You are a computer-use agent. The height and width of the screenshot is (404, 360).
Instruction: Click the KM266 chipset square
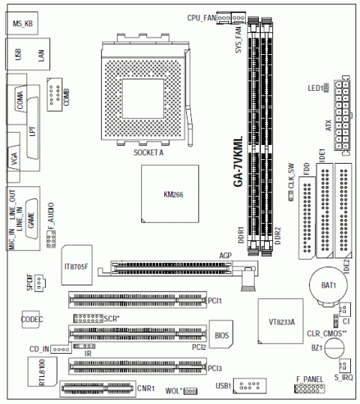(x=169, y=194)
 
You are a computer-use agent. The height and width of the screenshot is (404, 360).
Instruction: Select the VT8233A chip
(x=280, y=321)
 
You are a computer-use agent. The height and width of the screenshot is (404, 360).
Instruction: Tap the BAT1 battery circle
(x=328, y=285)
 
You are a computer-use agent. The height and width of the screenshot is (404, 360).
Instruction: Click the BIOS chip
(x=221, y=334)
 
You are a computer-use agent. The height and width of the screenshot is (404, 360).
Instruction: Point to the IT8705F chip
(x=76, y=265)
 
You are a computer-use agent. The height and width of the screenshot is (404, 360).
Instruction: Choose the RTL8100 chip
(x=42, y=372)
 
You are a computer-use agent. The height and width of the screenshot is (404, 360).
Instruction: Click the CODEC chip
(x=31, y=319)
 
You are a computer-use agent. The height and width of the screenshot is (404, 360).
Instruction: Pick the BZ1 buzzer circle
(x=334, y=348)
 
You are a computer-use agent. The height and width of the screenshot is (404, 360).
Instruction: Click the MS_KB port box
(x=22, y=23)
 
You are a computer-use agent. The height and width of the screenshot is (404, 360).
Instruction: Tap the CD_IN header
(x=61, y=349)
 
